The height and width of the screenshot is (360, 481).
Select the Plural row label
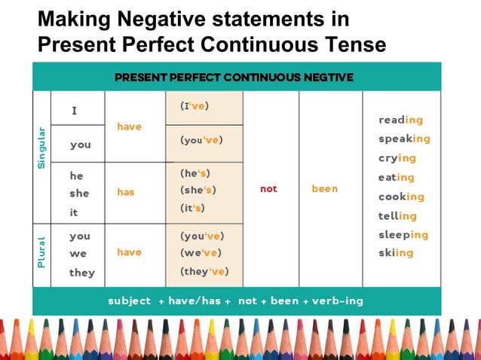coord(41,252)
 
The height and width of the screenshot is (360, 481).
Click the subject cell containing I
coord(75,111)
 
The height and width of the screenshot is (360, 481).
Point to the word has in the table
coord(126,192)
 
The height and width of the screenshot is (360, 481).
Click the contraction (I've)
coord(195,106)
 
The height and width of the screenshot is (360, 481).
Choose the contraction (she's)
coord(198,190)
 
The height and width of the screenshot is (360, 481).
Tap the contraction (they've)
coord(204,271)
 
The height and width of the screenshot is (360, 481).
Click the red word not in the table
coord(268,189)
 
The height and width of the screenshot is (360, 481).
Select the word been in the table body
coord(325,189)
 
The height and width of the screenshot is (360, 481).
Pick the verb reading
coord(400,120)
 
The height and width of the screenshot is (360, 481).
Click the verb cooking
coord(401,197)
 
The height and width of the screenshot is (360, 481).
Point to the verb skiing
coord(396,253)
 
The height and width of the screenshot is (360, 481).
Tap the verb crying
coord(397,158)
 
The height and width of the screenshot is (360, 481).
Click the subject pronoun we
coord(78,254)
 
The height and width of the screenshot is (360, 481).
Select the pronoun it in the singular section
coord(74,212)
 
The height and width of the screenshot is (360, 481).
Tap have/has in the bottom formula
coord(195,301)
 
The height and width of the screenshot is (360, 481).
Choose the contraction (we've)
coord(200,253)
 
